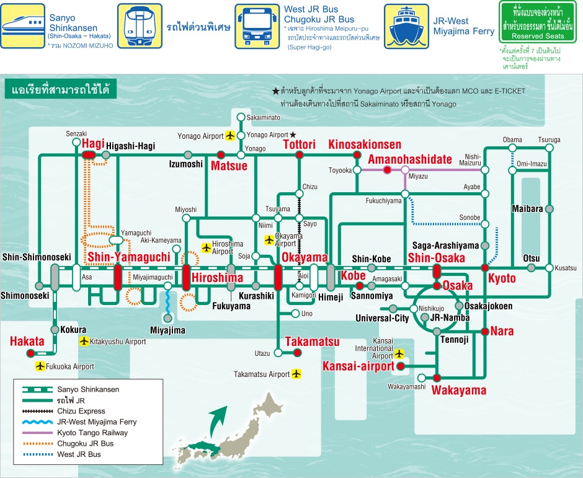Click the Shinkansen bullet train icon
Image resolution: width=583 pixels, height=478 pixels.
point(23,26)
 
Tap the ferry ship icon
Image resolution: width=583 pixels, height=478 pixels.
point(406,27)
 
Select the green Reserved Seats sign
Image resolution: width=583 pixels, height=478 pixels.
point(538,22)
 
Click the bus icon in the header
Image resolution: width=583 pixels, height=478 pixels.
point(257,27)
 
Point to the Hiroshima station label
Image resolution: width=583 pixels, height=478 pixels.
point(217,278)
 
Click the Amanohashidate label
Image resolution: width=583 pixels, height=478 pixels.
point(410,159)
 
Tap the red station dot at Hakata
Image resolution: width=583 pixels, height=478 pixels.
point(30,353)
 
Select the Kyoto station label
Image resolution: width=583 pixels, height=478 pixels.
point(502,278)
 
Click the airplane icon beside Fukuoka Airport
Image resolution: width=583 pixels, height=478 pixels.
point(40,366)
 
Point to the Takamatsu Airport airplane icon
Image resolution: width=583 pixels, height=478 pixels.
point(296,373)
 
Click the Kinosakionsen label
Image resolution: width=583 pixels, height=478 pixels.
point(365,144)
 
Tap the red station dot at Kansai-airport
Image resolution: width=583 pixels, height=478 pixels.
point(401,366)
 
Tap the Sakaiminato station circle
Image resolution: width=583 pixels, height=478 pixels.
point(241,117)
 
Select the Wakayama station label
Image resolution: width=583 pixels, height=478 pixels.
point(459,391)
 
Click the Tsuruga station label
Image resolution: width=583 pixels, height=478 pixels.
point(549,139)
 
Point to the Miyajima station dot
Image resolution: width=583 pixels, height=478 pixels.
point(168,318)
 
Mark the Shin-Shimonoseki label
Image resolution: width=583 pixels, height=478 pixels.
point(37,257)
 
